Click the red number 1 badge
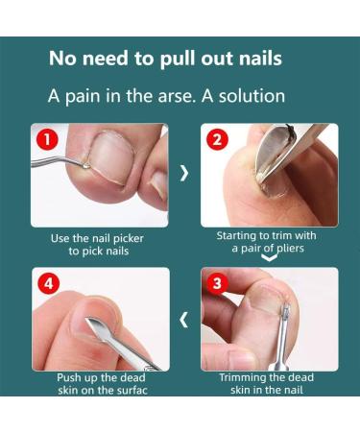47,140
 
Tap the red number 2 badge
217,140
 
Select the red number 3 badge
217,283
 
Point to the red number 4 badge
48,283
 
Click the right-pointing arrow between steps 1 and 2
184,173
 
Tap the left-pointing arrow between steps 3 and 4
183,320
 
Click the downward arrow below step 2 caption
269,257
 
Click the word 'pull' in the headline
178,60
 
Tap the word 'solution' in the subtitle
252,96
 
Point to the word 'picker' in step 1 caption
129,239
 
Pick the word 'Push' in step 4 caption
67,378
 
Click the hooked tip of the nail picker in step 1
86,165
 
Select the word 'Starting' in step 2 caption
237,236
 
